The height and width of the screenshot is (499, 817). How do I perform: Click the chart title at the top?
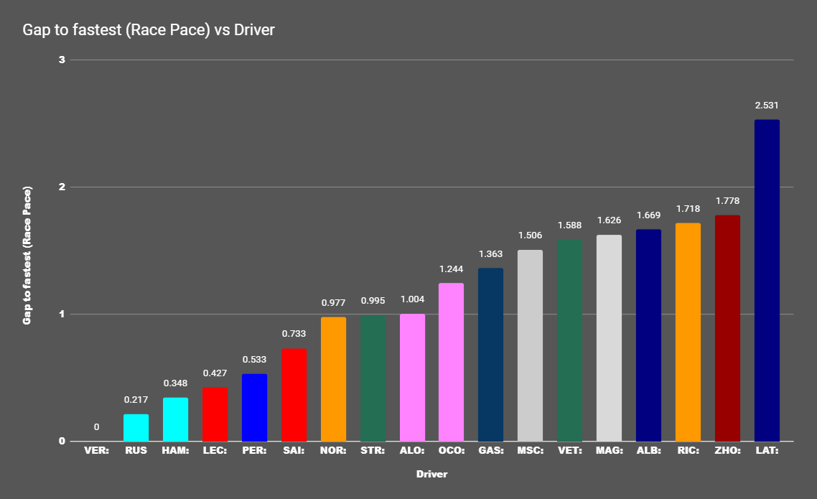149,30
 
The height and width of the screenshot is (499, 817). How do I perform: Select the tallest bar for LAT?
767,280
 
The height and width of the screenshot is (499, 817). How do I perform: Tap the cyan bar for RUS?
136,427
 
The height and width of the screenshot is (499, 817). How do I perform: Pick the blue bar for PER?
254,407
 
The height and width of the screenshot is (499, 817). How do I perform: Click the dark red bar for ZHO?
727,328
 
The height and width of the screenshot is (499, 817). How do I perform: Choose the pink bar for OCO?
451,362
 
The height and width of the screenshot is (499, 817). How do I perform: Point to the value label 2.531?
767,106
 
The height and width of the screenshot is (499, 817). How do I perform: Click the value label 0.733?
294,334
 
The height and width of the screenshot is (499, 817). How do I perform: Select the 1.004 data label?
412,299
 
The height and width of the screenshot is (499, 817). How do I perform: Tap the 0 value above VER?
96,427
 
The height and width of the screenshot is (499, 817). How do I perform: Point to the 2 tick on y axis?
62,187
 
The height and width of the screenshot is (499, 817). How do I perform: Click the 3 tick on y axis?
62,60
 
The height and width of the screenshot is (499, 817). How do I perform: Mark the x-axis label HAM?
175,451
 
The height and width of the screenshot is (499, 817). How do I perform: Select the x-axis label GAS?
490,451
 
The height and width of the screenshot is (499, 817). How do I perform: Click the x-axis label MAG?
609,451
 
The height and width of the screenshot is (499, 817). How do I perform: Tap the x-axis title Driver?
431,475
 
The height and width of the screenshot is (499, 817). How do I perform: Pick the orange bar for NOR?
333,379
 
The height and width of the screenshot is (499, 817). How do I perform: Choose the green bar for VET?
569,340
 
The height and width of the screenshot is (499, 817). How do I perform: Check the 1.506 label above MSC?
530,235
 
